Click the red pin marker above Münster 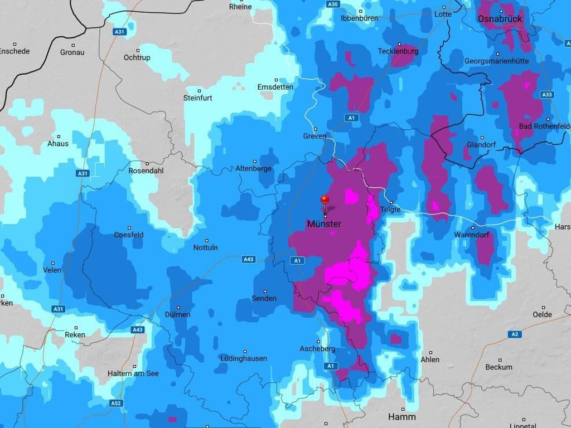coord(325,200)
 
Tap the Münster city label coord(324,224)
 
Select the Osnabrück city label coord(500,19)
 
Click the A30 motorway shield coord(333,4)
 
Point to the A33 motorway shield coord(547,95)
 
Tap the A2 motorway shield coord(514,334)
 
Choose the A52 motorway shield coord(116,403)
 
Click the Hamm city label coord(401,417)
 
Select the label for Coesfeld coord(129,235)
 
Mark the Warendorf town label coord(472,235)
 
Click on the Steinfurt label coord(199,98)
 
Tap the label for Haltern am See coord(130,373)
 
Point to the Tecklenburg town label coord(398,51)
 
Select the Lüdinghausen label coord(243,358)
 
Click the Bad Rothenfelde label coord(544,127)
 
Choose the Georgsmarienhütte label coord(496,61)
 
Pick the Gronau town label coord(72,52)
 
